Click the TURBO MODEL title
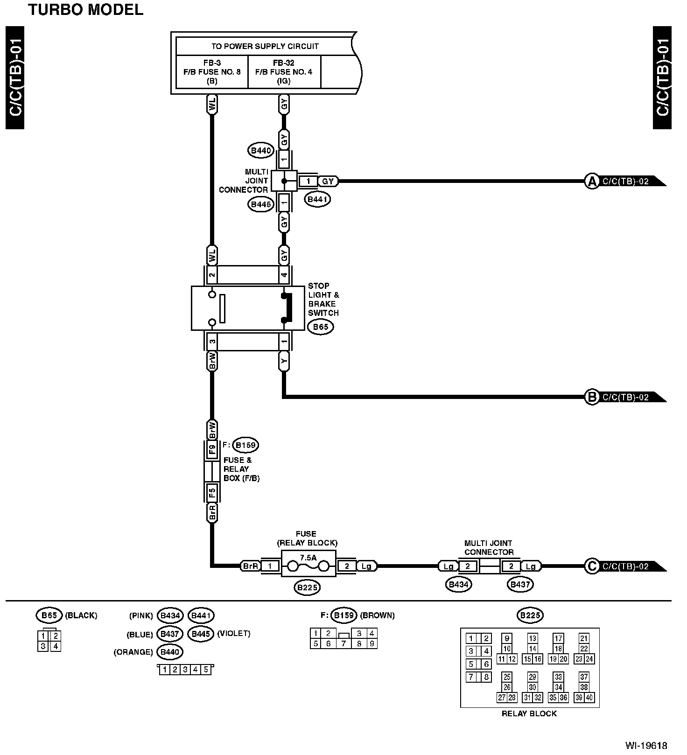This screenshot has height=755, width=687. pos(86,9)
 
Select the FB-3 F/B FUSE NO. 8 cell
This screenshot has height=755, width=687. pos(212,72)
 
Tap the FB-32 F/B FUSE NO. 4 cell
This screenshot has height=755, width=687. pos(284,72)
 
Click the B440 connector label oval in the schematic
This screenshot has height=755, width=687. pos(260,150)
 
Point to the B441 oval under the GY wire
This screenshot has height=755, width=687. pos(318,199)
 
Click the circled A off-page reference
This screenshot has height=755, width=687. pos(592,181)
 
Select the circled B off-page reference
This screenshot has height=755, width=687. pos(592,397)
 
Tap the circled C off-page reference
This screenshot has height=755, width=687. pos(592,566)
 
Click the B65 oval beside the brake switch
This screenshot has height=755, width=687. pos(321,327)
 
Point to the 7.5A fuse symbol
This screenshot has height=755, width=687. pos(308,566)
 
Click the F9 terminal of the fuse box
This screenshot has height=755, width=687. pos(212,449)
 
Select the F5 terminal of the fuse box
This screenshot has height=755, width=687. pos(212,491)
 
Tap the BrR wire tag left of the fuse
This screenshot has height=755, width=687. pos(250,566)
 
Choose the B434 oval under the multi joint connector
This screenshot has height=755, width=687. pos(458,584)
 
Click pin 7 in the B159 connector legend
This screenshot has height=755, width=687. pos(344,644)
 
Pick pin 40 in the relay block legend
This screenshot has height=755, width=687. pos(589,698)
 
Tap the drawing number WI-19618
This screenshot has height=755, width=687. pos(646,745)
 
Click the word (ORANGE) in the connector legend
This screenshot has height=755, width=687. pos(133,652)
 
